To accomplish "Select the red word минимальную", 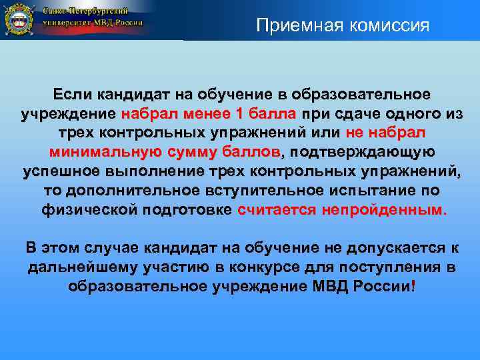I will click(x=95, y=151).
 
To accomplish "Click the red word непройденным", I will click(x=386, y=209).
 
